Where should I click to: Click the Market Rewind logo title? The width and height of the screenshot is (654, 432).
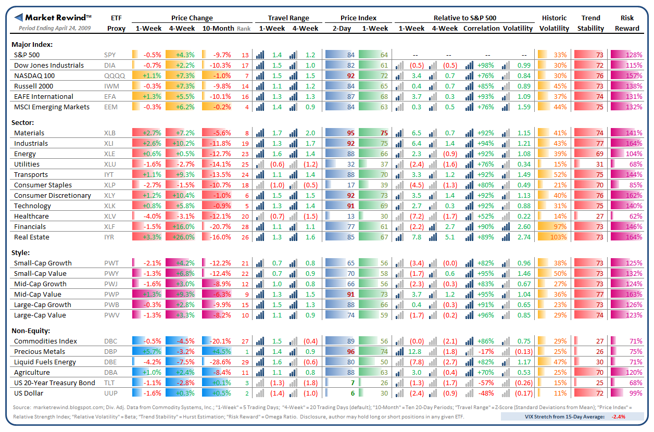click(x=55, y=17)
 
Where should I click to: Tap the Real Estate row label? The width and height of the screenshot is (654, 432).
click(x=32, y=237)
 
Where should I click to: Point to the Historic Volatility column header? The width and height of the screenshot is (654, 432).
click(x=554, y=23)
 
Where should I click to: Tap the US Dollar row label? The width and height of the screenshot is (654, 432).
click(x=29, y=393)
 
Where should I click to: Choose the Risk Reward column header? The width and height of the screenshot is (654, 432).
click(x=627, y=23)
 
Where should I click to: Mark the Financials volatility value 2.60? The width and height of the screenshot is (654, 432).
click(x=524, y=226)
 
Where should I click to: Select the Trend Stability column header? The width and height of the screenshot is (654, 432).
click(x=590, y=23)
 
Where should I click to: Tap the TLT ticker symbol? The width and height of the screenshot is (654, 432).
click(x=110, y=383)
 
